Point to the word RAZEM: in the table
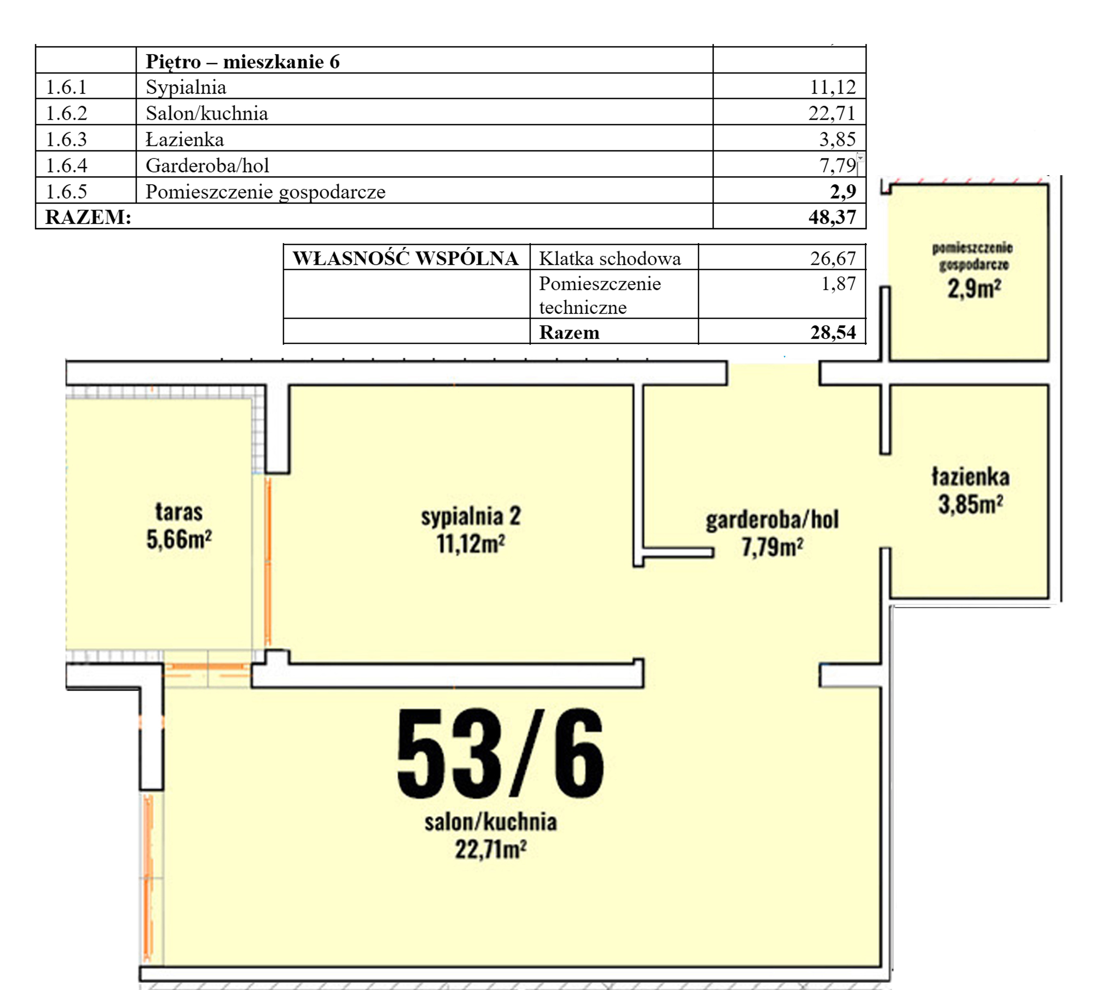pyautogui.click(x=88, y=217)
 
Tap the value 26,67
pyautogui.click(x=833, y=258)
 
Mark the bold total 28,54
pyautogui.click(x=833, y=332)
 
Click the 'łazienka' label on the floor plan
pyautogui.click(x=970, y=476)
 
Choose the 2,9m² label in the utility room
pyautogui.click(x=974, y=288)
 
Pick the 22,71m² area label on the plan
pyautogui.click(x=491, y=849)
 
